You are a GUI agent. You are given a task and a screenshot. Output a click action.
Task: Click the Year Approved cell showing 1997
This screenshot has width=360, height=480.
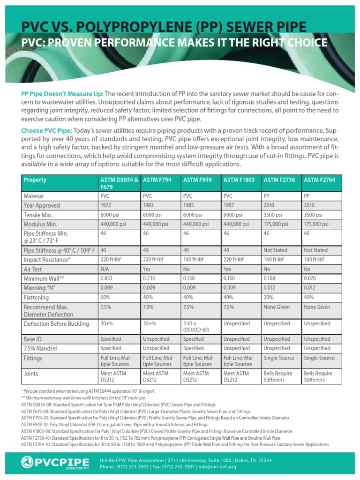[x=228, y=205]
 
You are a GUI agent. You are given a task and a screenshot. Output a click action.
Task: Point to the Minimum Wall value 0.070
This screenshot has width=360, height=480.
[x=310, y=278]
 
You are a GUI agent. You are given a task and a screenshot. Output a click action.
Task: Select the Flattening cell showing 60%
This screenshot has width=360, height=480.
[x=105, y=297]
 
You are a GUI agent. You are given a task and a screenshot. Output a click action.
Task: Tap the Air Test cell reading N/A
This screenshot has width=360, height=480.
[x=105, y=270]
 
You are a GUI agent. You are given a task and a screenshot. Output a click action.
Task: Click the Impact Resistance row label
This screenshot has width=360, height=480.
[x=47, y=259]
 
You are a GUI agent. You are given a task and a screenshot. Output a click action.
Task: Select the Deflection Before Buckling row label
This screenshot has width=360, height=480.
[x=56, y=323]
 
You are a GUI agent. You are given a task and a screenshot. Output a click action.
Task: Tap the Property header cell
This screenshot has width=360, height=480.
[x=35, y=180]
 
